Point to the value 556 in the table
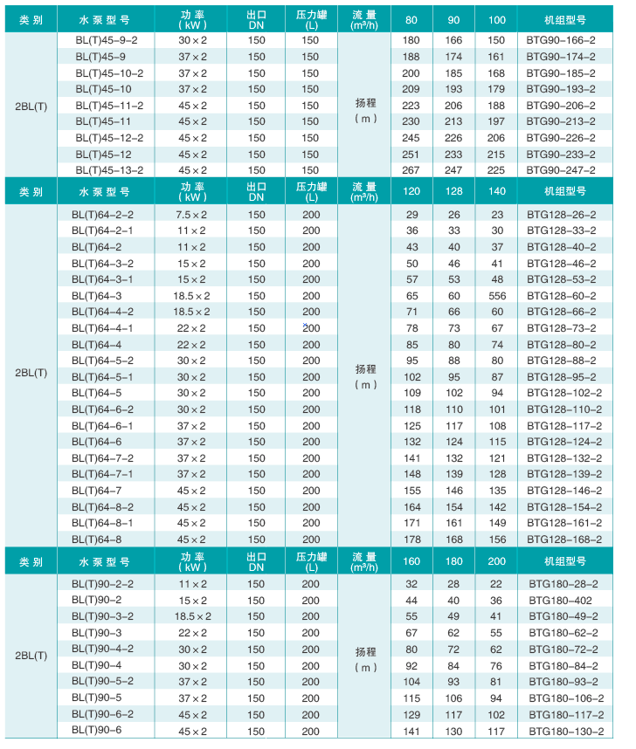tap(497, 296)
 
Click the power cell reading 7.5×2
tap(190, 215)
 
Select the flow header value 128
tap(454, 192)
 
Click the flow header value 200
tap(497, 561)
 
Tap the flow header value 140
tap(497, 192)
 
